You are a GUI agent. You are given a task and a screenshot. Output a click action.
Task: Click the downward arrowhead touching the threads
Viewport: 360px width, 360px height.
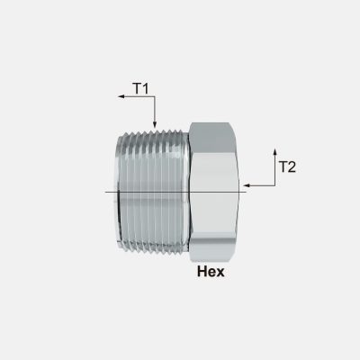tap(155, 123)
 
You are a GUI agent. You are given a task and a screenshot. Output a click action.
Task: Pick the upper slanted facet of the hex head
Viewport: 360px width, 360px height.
tap(214, 135)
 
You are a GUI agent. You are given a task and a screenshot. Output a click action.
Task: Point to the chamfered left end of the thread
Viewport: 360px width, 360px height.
tap(121, 191)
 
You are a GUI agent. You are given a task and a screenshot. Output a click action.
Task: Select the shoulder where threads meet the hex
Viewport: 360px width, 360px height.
tap(186, 191)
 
